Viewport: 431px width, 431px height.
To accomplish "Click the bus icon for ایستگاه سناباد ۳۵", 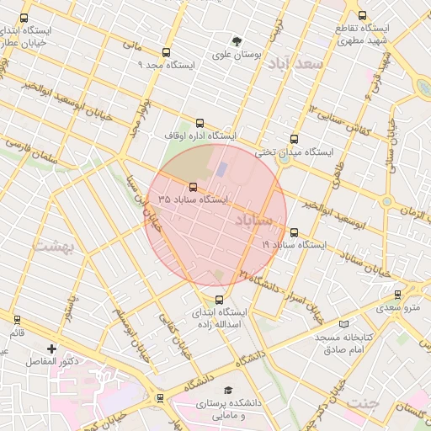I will click(194, 187).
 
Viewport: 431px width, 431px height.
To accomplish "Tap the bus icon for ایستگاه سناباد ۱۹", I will click(293, 232).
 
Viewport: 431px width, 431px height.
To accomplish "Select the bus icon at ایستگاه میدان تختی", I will click(293, 140).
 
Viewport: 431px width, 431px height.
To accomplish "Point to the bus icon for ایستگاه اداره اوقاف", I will click(200, 123).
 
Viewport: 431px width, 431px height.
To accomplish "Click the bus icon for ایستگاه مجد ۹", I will click(166, 52).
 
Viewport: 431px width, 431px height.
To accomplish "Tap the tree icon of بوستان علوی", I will click(237, 41).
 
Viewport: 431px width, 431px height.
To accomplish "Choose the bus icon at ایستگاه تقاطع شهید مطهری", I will click(362, 15).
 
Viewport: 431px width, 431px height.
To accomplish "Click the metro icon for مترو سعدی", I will click(397, 294).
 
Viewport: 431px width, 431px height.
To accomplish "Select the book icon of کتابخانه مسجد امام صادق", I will click(342, 324).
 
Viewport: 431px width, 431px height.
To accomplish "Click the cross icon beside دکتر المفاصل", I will click(52, 348).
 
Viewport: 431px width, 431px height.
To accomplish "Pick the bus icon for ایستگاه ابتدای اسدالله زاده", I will click(220, 299).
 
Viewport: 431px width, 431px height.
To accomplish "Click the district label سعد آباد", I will click(300, 64).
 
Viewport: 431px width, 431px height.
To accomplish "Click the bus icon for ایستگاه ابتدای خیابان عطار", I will click(23, 17).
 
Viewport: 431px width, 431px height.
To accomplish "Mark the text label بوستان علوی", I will click(237, 55).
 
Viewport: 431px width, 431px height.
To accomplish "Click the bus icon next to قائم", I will click(17, 319).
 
